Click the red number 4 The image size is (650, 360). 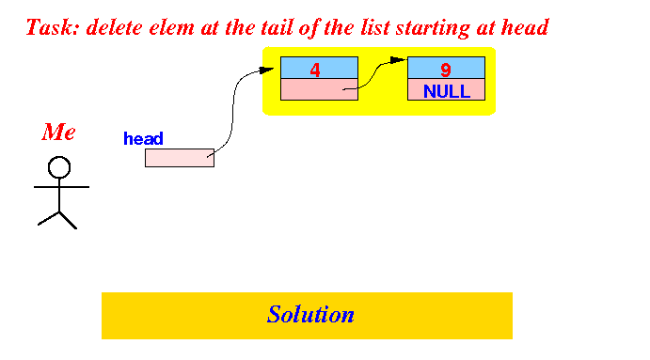315,70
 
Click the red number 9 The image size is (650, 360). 446,70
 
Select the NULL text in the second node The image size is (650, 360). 447,91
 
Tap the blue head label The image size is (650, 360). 143,138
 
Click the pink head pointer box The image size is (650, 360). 180,158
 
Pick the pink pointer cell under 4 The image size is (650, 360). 319,89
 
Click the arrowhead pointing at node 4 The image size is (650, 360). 266,70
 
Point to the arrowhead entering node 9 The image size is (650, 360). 399,60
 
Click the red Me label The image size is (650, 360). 58,133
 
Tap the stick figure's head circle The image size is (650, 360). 59,167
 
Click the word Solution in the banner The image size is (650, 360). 310,315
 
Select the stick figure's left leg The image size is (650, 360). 49,218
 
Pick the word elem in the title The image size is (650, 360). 171,27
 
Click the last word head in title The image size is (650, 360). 525,27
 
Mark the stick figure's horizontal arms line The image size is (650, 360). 61,187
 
